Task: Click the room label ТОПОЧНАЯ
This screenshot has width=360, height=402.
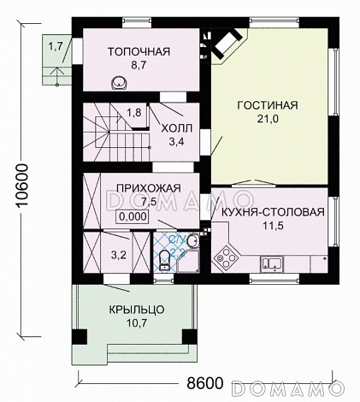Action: coord(139,51)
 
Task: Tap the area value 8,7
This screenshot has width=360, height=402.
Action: coord(139,65)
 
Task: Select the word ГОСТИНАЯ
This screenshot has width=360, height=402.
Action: coord(267,105)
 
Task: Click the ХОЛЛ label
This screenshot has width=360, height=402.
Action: coord(177,127)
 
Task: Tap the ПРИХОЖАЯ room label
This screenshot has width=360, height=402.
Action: coord(137,188)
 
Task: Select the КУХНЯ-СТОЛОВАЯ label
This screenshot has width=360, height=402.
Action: coord(272,212)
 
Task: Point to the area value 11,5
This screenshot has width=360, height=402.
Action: coord(272,227)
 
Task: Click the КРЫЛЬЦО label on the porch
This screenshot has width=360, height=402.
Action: coord(137,310)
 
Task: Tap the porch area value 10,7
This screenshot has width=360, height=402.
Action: coord(137,324)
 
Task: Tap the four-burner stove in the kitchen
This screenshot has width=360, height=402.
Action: coord(228,254)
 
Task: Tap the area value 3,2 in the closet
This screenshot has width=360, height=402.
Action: coord(120,254)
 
